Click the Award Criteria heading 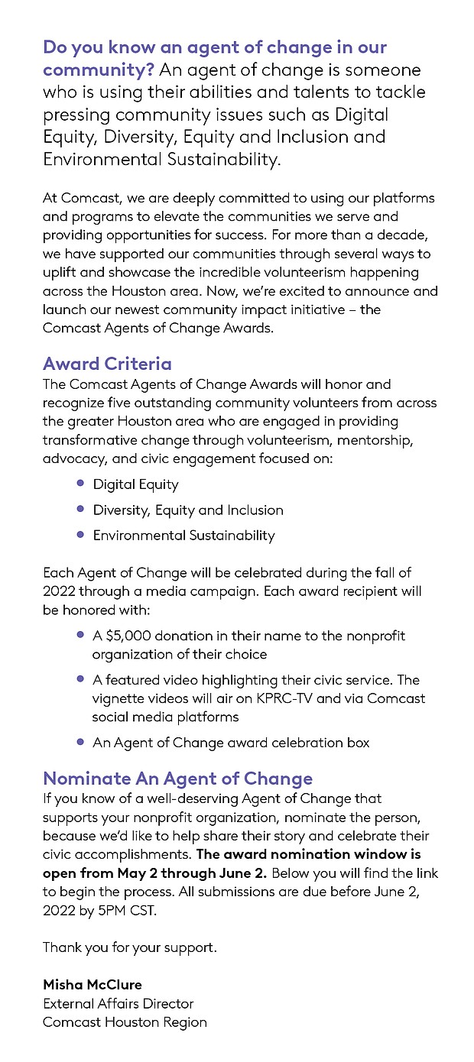coord(107,363)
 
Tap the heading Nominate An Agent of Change coord(177,779)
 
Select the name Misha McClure coord(93,984)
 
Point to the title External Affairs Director coord(118,1003)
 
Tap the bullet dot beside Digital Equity coord(80,484)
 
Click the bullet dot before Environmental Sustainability coord(80,535)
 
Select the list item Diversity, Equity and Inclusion coord(188,510)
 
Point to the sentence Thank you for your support coord(130,947)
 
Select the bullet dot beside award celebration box coord(80,742)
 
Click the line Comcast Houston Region coord(125,1022)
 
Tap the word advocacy coord(71,458)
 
